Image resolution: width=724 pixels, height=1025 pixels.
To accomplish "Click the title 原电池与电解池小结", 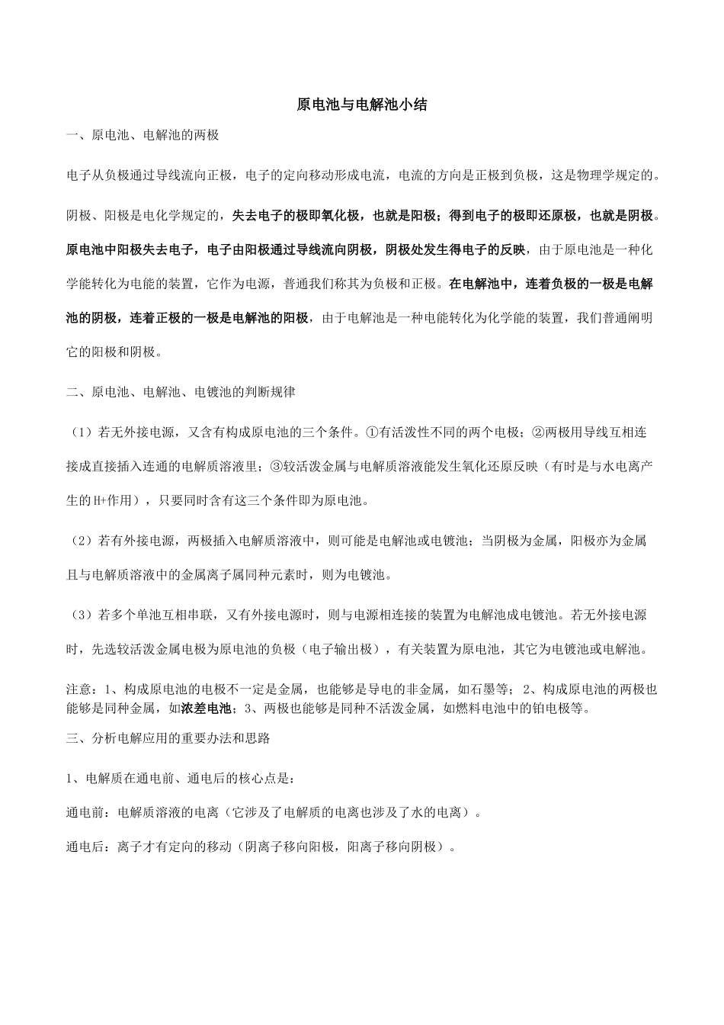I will tap(362, 105).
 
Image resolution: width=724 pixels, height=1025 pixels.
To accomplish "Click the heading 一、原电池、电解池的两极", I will tap(143, 136).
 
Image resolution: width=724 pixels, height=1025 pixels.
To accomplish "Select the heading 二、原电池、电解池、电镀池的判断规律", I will tap(181, 393).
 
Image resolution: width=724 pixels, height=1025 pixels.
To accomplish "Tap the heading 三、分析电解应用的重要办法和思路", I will tap(168, 738).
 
